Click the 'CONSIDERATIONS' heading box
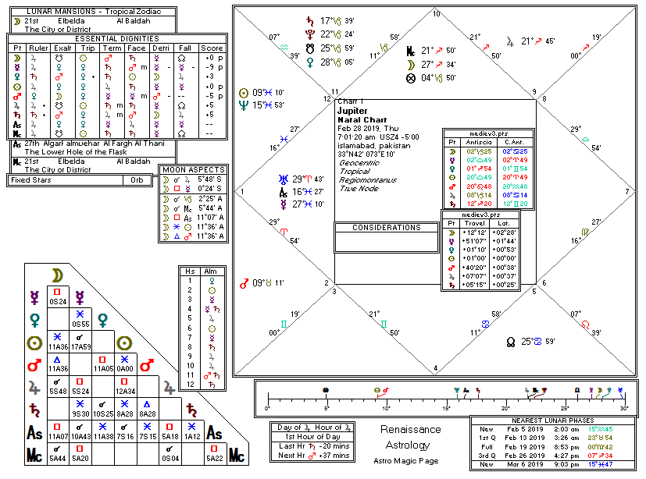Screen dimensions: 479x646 (x=386, y=228)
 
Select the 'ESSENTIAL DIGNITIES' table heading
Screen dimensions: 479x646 (x=116, y=38)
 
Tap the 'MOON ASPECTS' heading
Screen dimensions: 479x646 (x=192, y=169)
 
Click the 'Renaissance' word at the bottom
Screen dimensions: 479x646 (x=411, y=430)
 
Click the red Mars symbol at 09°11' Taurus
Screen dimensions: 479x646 (x=245, y=282)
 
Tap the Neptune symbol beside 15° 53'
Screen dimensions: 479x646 (x=245, y=105)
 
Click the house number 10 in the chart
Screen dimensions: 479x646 (x=435, y=14)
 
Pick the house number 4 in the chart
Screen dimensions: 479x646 (x=435, y=367)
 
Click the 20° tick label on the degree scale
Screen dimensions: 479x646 (x=505, y=408)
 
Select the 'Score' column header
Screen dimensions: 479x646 (x=212, y=48)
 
